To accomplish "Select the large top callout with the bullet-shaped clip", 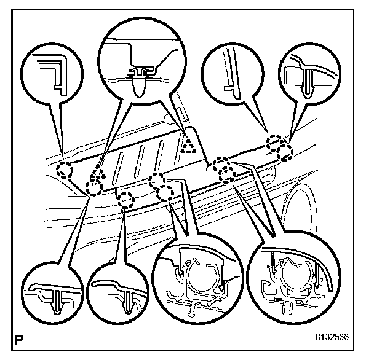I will (x=140, y=65).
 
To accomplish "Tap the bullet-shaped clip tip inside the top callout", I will (x=140, y=85).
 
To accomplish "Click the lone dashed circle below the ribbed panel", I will (x=126, y=200).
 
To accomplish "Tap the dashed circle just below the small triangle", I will (x=94, y=186).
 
